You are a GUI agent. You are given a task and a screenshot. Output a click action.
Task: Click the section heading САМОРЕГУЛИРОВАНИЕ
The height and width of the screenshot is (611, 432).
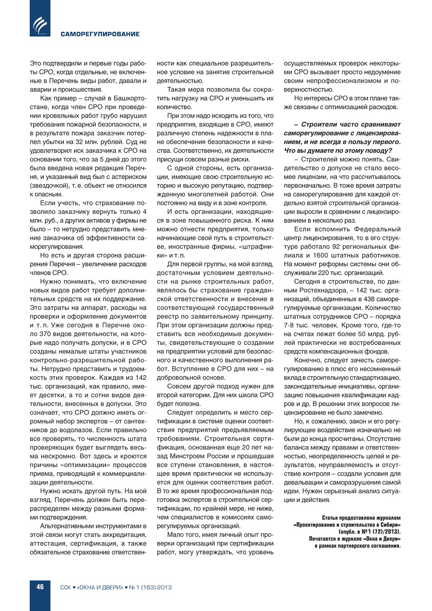point(100,34)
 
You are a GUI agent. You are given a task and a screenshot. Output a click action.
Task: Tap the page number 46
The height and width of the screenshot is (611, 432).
point(40,587)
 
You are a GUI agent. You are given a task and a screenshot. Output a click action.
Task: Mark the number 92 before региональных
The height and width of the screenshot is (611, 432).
point(336,247)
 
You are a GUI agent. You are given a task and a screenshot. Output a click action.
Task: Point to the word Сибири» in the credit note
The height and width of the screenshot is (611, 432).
point(390,525)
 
